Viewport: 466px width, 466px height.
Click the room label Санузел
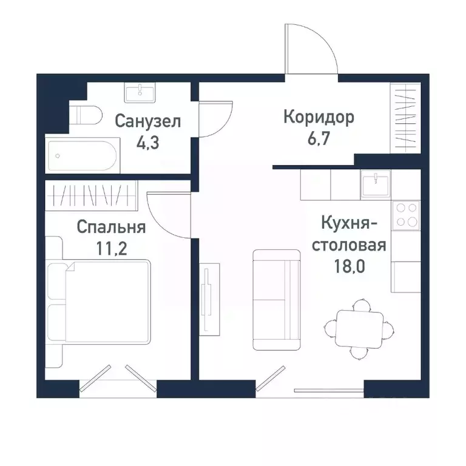pos(148,121)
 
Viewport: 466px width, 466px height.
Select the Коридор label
pos(319,116)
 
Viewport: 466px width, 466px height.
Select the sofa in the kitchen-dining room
pos(276,300)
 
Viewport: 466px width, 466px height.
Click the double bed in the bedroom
pos(100,300)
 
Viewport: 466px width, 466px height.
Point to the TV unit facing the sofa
pos(207,297)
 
